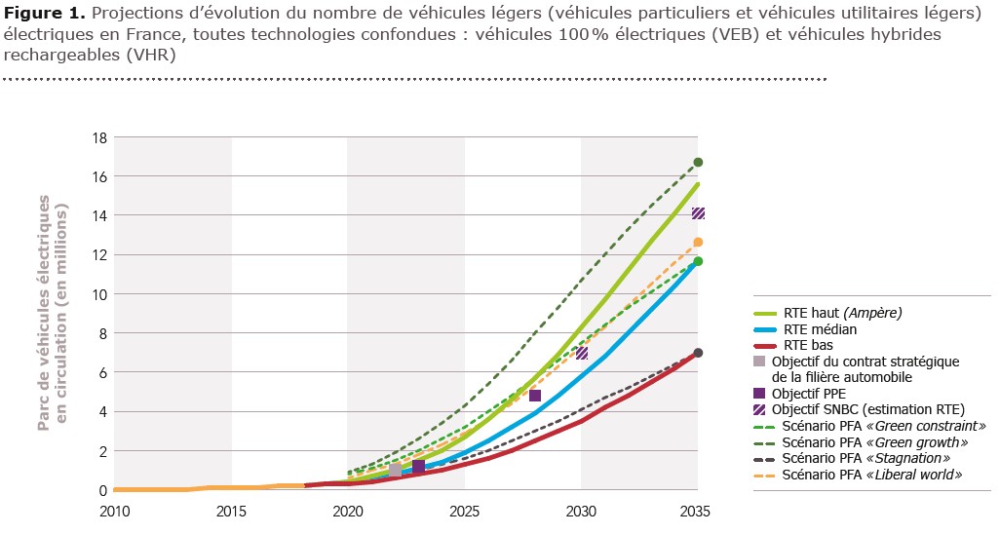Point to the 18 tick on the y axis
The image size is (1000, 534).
tap(97, 137)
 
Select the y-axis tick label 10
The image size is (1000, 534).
tap(97, 294)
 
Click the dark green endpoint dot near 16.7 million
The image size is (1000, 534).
tap(698, 163)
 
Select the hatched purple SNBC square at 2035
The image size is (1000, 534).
tap(698, 213)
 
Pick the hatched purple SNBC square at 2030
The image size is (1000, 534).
tap(582, 353)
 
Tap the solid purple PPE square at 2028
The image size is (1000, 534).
tap(535, 396)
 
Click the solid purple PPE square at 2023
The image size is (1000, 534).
tap(418, 467)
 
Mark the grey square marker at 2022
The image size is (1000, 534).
tap(395, 470)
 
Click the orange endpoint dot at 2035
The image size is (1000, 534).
tap(698, 242)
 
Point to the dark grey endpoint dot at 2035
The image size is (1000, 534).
tap(698, 353)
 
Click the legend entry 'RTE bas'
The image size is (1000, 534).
tap(808, 345)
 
